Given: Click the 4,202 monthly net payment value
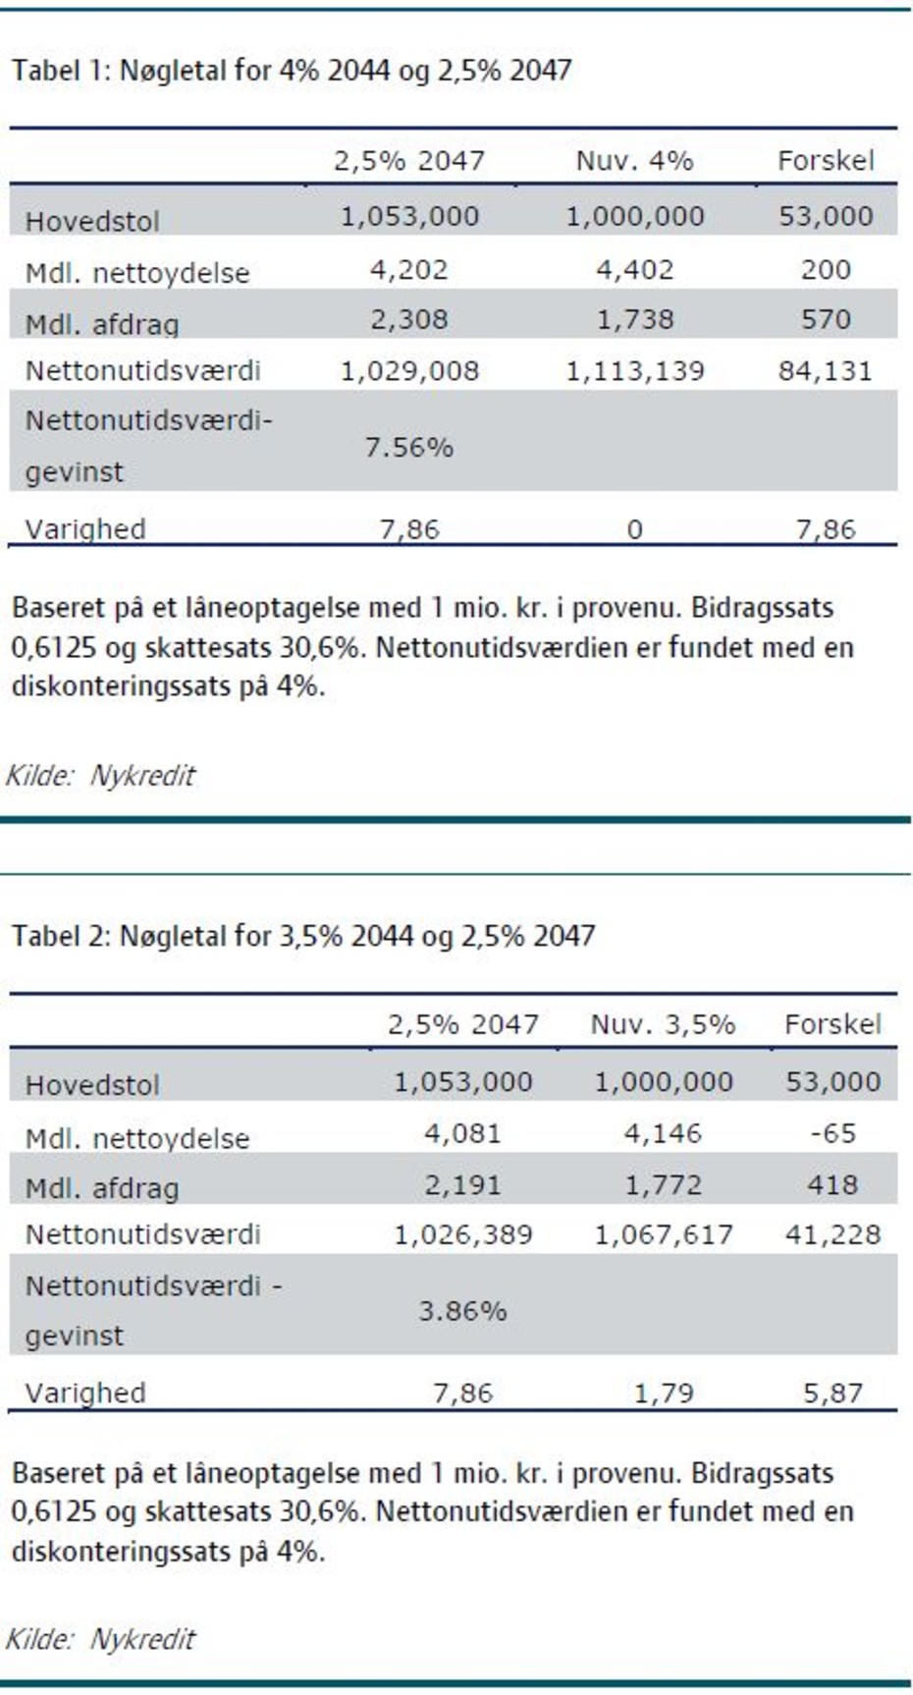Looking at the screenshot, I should pyautogui.click(x=408, y=269).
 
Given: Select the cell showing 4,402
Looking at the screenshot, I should pyautogui.click(x=634, y=269).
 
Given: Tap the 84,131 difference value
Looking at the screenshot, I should pyautogui.click(x=825, y=370).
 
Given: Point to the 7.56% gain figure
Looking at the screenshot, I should pyautogui.click(x=408, y=448).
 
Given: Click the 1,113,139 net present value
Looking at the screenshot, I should pyautogui.click(x=634, y=370).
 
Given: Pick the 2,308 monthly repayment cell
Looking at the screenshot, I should pyautogui.click(x=408, y=319).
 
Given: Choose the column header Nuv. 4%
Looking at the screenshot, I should pyautogui.click(x=634, y=160).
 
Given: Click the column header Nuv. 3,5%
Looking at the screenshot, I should pyautogui.click(x=663, y=1024).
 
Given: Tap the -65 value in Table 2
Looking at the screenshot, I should pyautogui.click(x=832, y=1133).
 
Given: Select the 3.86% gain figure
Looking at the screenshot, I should pyautogui.click(x=462, y=1311).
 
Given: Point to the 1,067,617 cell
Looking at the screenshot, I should pyautogui.click(x=663, y=1234).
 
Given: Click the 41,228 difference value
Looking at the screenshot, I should pyautogui.click(x=832, y=1234).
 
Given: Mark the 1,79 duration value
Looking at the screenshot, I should pyautogui.click(x=663, y=1393).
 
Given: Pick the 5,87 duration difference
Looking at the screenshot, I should pyautogui.click(x=832, y=1393).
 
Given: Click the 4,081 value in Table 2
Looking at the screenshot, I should pyautogui.click(x=462, y=1133).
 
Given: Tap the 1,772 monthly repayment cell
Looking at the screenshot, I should pyautogui.click(x=663, y=1184).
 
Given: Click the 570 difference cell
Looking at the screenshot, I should pyautogui.click(x=825, y=319).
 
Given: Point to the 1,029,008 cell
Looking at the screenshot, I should pyautogui.click(x=408, y=370).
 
